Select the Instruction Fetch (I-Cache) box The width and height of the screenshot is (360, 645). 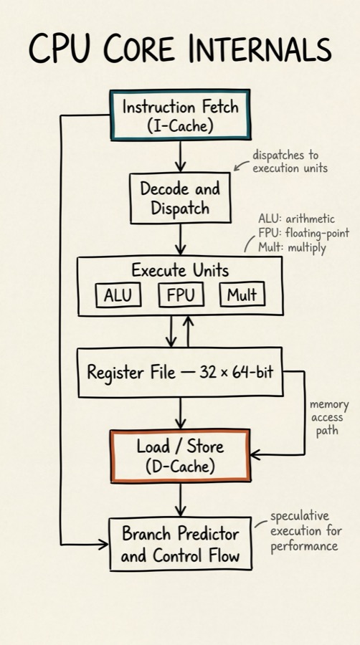pos(179,115)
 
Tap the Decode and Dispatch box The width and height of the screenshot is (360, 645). pos(179,199)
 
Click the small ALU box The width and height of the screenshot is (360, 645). pos(118,295)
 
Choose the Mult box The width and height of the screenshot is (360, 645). pos(242,295)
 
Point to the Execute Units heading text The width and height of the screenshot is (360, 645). pos(179,270)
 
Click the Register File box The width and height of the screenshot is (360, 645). pos(179,373)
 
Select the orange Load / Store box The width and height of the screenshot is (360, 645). pos(179,455)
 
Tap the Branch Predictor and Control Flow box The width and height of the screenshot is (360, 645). pos(179,544)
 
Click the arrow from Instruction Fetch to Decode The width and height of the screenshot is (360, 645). pos(180,156)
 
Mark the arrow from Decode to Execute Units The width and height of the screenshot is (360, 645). pos(180,239)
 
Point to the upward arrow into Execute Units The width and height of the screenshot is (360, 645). pos(189,331)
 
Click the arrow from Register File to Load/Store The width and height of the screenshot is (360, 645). pos(180,413)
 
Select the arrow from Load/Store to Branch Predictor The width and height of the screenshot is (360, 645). pos(180,499)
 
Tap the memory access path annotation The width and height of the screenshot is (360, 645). pos(326,417)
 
